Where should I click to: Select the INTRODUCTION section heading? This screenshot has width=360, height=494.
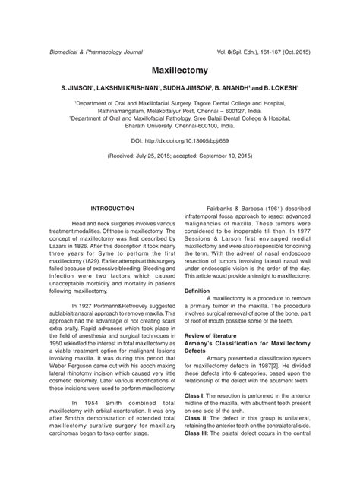112,208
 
